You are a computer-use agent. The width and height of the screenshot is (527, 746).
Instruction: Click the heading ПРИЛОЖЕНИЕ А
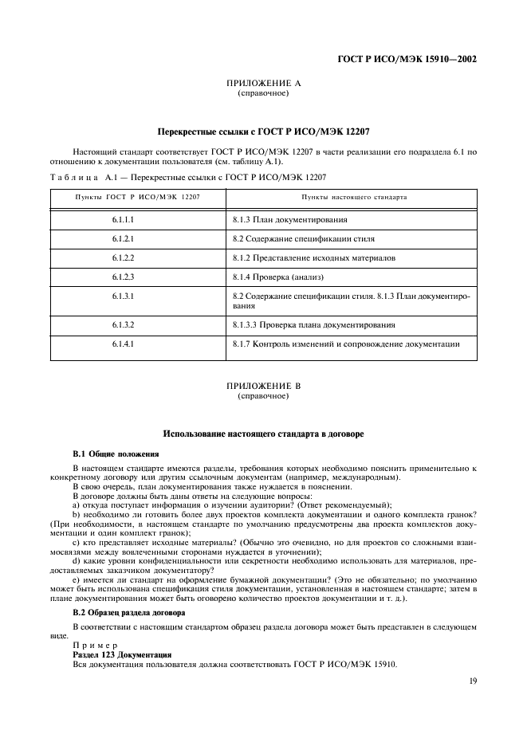[x=263, y=84]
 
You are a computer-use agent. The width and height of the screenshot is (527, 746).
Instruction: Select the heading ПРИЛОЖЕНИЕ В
[x=263, y=387]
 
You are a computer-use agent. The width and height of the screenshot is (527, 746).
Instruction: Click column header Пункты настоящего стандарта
[x=354, y=196]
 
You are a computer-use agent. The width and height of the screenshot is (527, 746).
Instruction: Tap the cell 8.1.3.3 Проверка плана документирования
[x=314, y=325]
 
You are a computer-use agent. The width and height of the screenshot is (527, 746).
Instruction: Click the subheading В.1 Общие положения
[x=116, y=453]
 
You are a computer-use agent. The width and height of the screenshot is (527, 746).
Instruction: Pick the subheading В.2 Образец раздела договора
[x=129, y=613]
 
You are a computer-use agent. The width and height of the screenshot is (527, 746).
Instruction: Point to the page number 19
[x=472, y=681]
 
